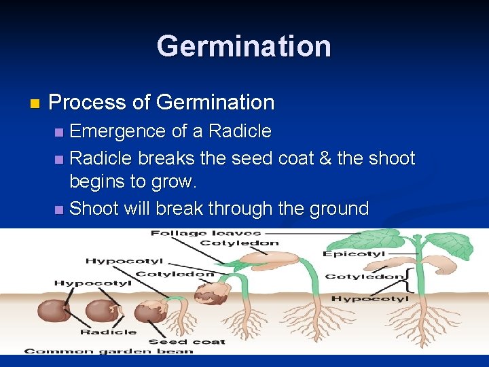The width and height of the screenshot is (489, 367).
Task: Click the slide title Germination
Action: (244, 46)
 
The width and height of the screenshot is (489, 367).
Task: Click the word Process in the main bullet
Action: (88, 103)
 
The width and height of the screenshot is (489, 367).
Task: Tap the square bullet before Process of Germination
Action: (35, 104)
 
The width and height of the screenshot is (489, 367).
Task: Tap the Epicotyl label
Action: (354, 254)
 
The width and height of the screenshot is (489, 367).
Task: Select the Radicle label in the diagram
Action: (108, 332)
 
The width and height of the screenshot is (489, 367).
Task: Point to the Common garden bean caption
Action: (109, 351)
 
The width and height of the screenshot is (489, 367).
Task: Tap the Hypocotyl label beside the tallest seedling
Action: (369, 298)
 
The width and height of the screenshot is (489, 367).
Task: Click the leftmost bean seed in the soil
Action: (54, 311)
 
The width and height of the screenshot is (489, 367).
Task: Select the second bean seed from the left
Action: (101, 311)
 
